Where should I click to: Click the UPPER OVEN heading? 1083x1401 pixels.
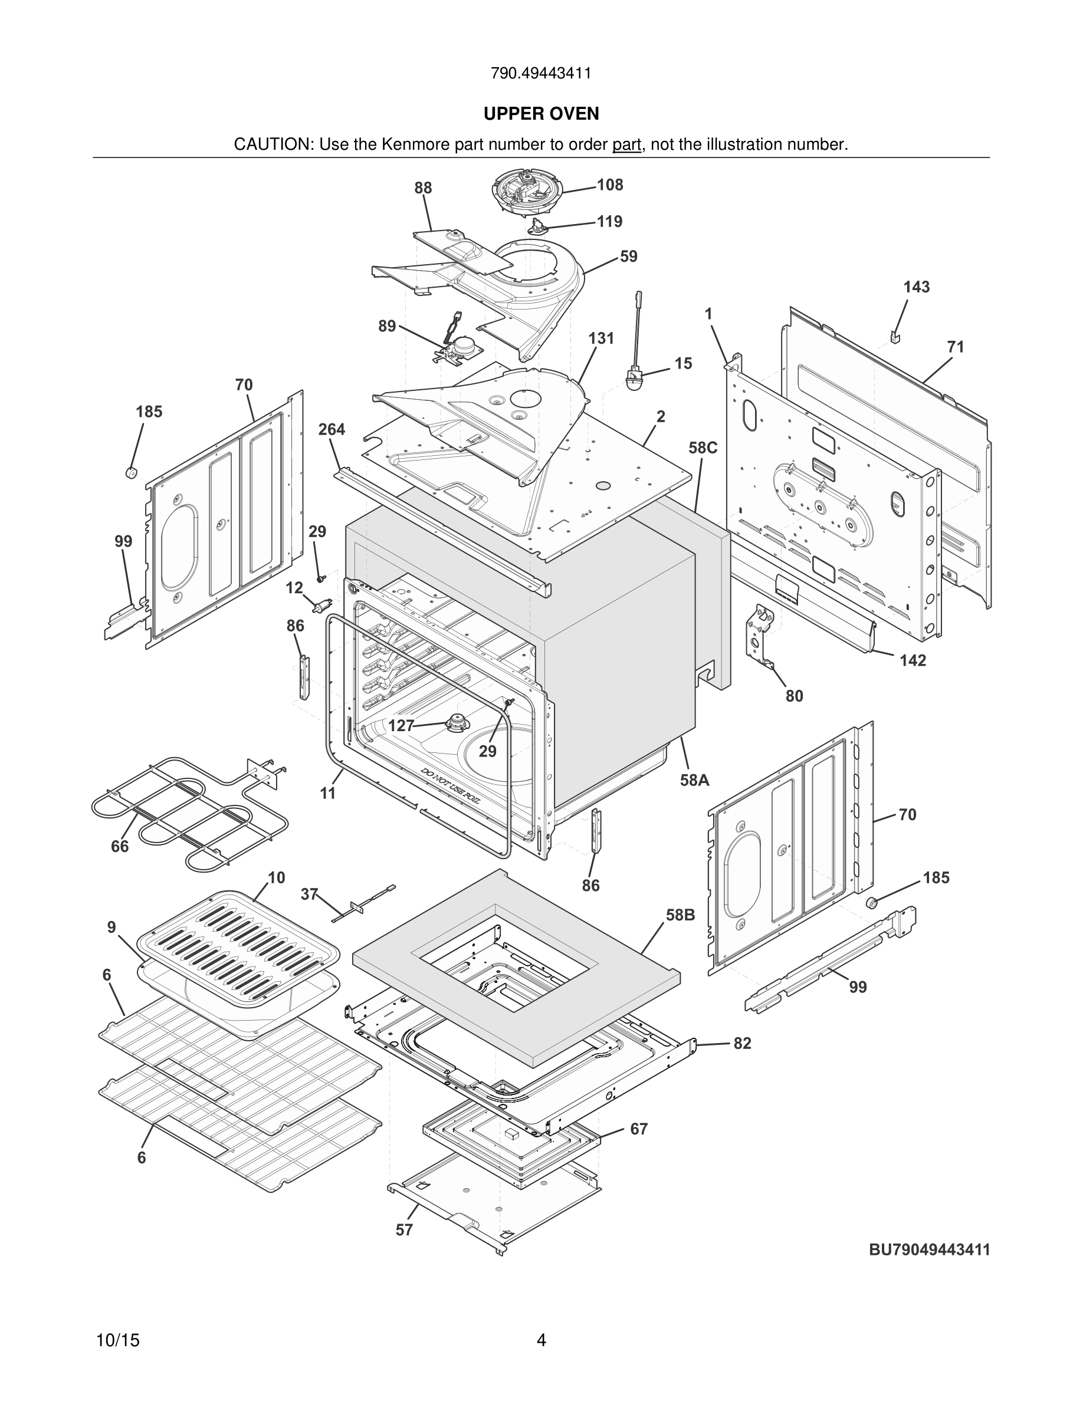click(541, 114)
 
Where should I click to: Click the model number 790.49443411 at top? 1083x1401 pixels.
click(541, 73)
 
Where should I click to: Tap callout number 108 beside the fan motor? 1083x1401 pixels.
click(609, 185)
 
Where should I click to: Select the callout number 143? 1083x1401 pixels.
click(916, 287)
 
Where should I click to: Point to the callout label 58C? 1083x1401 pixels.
click(703, 448)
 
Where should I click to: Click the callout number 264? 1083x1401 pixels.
click(332, 429)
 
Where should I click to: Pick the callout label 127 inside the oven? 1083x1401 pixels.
click(402, 725)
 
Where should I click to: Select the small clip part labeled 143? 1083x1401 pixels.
click(895, 336)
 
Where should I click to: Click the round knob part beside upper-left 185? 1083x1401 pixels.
click(132, 473)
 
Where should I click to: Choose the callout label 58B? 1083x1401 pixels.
click(680, 915)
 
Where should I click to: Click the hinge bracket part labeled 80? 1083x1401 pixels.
click(762, 636)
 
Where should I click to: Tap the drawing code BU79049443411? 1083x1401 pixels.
click(929, 1249)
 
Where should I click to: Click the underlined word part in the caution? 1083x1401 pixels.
click(626, 145)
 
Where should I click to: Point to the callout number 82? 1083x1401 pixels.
click(741, 1043)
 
